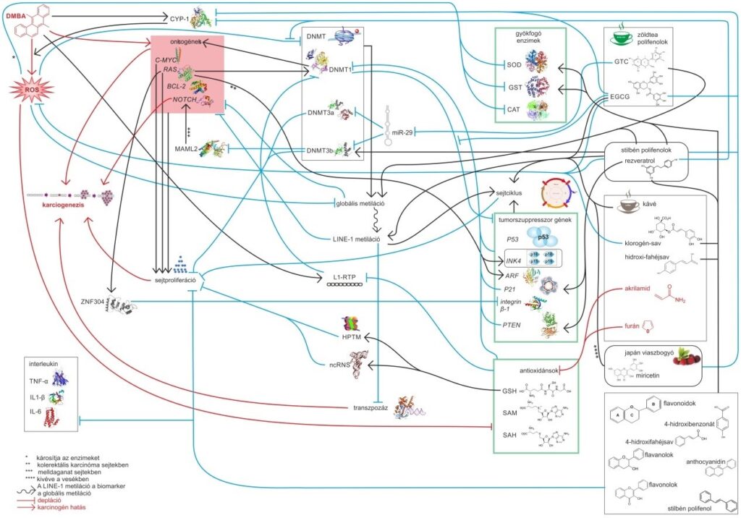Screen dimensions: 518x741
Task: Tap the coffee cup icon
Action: click(622, 206)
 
